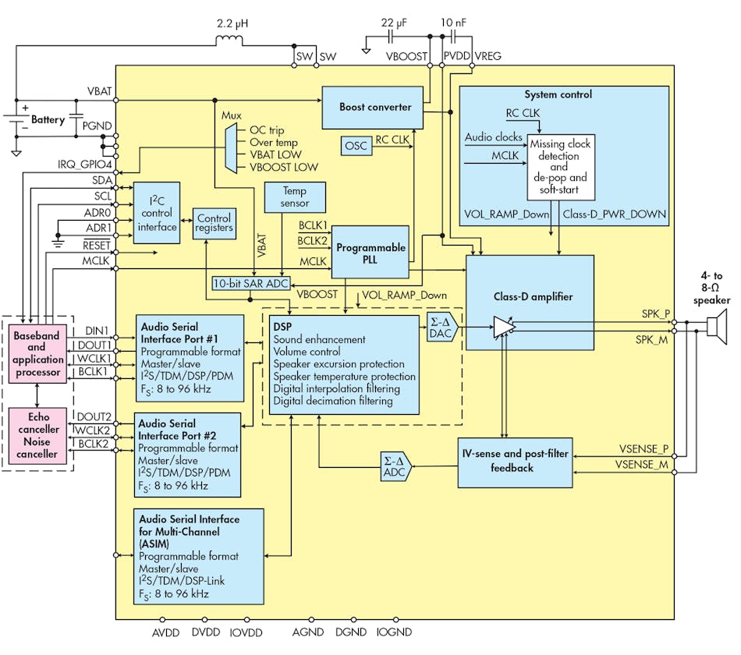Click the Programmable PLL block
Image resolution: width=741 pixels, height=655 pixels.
click(370, 253)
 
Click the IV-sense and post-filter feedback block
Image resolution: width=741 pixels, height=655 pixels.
click(513, 462)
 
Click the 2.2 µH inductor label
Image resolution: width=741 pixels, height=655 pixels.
click(232, 25)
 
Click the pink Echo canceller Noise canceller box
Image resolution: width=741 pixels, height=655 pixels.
click(37, 436)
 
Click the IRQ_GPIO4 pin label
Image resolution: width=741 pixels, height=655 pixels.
click(83, 165)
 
